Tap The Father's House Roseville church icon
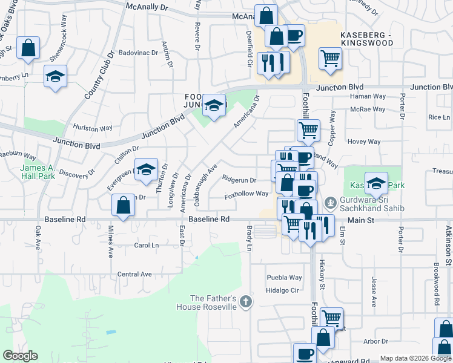[245, 301]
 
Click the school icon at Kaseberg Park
[376, 183]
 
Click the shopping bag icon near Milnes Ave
[124, 205]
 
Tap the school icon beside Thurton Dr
[146, 170]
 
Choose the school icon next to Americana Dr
[213, 105]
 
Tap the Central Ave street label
[134, 274]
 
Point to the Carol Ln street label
[146, 246]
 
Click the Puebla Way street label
[284, 278]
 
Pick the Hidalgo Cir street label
[283, 290]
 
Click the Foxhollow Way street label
[246, 194]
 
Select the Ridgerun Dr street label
[239, 180]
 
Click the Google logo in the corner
[21, 356]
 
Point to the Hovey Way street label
[365, 142]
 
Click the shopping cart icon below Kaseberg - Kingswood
[331, 59]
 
